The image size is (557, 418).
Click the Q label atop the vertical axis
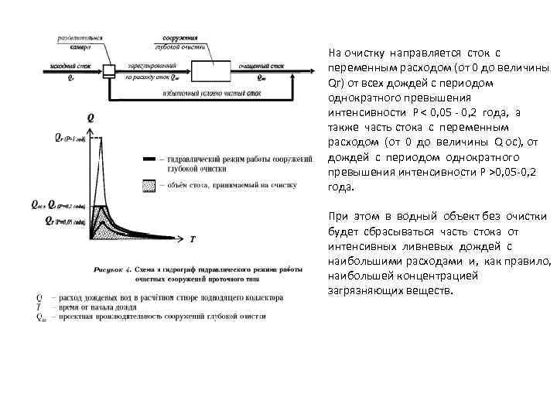tap(92, 117)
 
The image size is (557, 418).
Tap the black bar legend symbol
tap(149, 158)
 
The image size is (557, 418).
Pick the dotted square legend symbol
tap(149, 185)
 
